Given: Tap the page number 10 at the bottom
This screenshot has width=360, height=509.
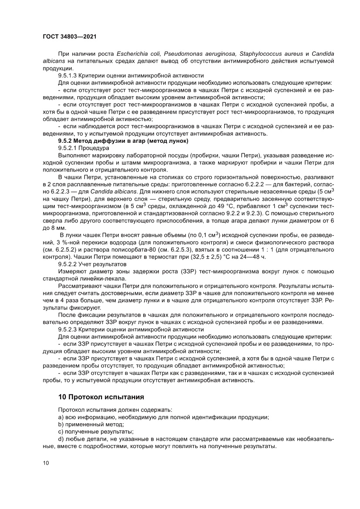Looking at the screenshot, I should (45, 462).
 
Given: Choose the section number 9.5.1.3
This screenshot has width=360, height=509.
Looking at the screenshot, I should (70, 75).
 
